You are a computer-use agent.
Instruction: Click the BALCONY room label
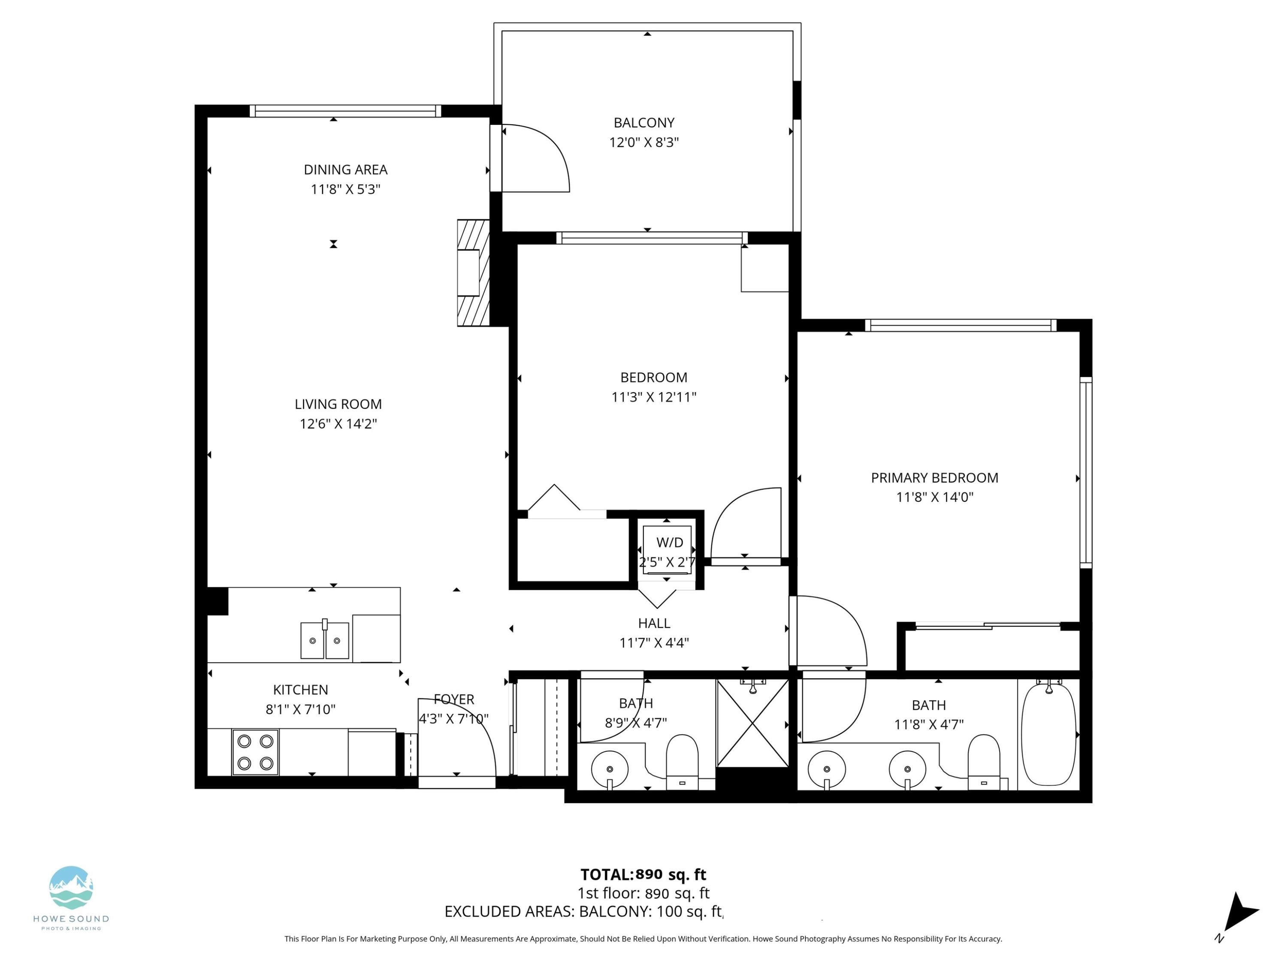643,123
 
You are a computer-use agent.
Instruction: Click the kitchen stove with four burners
255,752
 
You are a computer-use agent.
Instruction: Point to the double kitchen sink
325,640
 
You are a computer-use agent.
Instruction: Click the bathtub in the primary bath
1048,735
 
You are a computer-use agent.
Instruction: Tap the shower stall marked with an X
753,723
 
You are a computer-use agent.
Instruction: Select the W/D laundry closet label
669,543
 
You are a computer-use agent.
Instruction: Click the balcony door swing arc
544,157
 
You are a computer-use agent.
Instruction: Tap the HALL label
654,624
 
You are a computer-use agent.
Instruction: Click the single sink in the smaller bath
610,769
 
